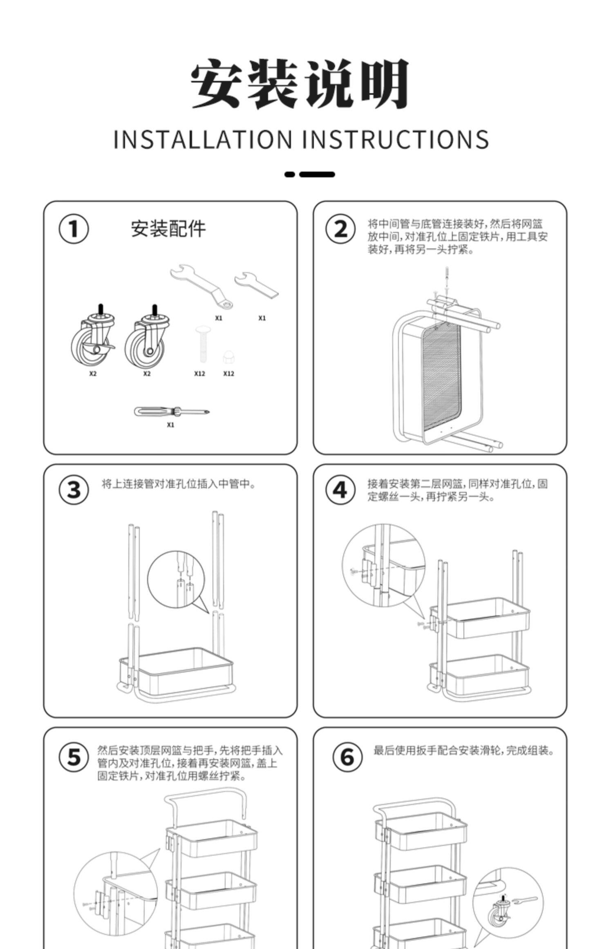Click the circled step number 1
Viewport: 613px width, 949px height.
74,229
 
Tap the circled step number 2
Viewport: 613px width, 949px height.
340,229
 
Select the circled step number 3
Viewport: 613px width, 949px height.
74,490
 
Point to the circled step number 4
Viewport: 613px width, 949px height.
340,490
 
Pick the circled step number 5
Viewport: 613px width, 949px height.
74,757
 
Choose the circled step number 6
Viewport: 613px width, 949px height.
347,757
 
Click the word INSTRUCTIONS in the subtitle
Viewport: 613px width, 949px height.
395,139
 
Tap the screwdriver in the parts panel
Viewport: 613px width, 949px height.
172,411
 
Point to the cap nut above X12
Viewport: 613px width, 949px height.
228,357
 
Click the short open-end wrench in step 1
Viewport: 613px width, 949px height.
256,285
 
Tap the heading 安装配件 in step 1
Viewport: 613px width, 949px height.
168,229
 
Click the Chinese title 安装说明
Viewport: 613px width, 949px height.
300,84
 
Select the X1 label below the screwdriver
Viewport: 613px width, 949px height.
170,425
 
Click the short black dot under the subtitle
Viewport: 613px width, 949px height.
289,175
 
